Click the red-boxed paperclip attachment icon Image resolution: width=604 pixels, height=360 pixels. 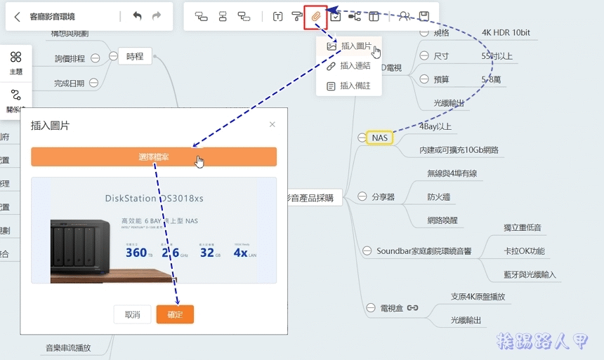pos(316,16)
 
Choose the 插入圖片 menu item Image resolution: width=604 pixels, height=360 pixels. pos(355,46)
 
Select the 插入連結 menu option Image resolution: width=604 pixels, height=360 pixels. pos(355,66)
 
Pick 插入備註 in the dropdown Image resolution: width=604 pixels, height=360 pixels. pos(355,86)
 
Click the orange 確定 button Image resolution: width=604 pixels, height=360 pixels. pos(175,314)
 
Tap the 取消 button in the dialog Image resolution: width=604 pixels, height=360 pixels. pos(133,314)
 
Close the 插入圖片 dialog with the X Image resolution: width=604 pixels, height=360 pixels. pos(273,125)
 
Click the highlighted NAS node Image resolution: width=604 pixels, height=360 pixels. pos(380,138)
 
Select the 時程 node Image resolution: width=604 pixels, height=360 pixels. pos(135,57)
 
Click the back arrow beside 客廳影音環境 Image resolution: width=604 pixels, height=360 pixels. pos(18,16)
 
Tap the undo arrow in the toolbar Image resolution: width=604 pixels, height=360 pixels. pos(137,16)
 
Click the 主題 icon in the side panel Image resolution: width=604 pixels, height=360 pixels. pos(15,62)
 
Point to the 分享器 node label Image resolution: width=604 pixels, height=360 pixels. pos(383,197)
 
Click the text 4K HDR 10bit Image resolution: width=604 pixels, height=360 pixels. pos(506,33)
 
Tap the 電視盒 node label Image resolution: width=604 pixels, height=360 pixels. pos(392,307)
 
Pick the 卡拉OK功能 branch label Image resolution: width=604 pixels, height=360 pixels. pos(524,251)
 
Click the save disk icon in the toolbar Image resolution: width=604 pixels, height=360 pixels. pos(424,16)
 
